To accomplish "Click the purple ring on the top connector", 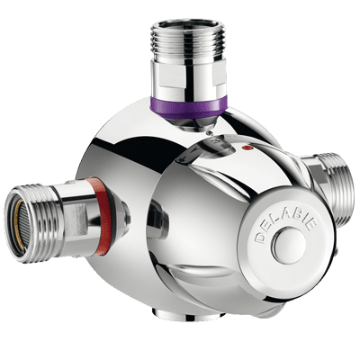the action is point(187,107).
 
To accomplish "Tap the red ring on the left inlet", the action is point(102,216).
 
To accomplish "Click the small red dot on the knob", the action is point(247,148).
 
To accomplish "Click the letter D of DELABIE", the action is point(260,237).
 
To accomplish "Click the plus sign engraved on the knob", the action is point(181,159).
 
